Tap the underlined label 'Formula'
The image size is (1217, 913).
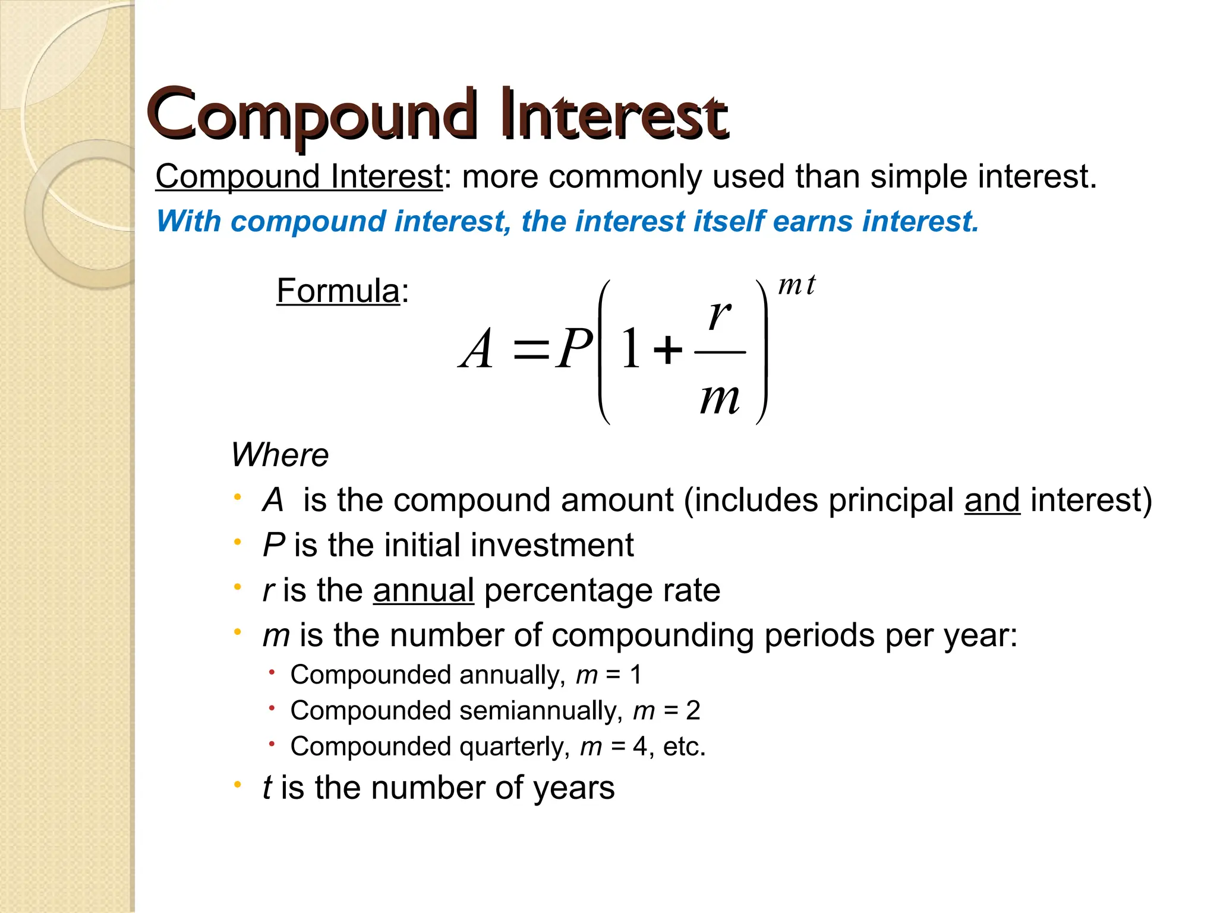coord(338,291)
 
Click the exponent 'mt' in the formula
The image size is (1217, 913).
coord(797,285)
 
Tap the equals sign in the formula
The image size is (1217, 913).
coord(531,351)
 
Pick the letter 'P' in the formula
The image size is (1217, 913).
coord(573,350)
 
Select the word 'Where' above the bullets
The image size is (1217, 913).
coord(279,455)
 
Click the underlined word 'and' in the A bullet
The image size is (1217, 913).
coord(992,500)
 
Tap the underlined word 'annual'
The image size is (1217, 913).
coord(423,590)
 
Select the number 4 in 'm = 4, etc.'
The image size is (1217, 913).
coord(639,747)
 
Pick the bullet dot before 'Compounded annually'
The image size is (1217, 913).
coord(272,673)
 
